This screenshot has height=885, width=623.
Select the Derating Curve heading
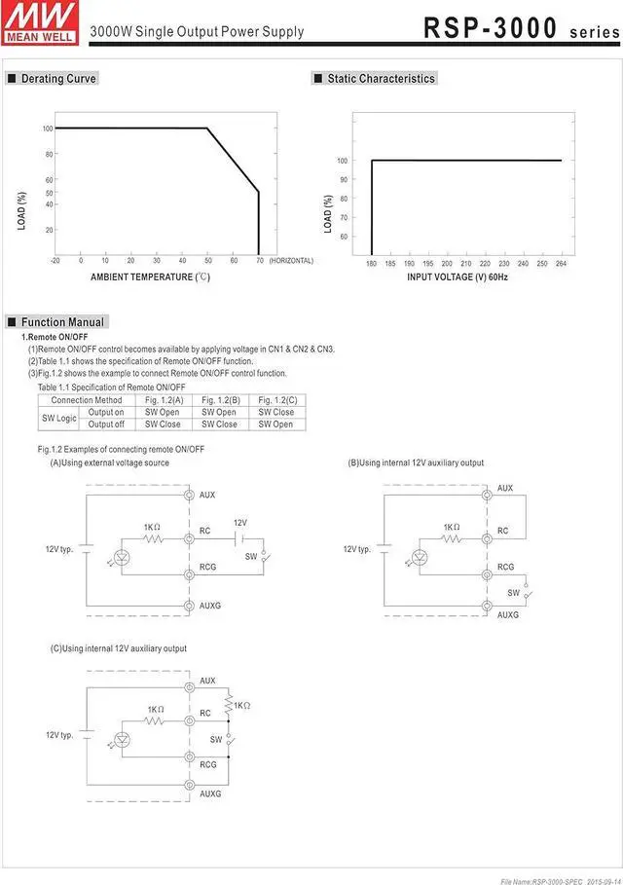tap(58, 79)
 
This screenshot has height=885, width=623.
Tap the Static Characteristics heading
tap(381, 79)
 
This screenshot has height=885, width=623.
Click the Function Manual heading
tap(62, 322)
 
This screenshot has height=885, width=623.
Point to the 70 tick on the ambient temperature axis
tap(259, 261)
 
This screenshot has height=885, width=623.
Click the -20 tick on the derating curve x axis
tap(55, 261)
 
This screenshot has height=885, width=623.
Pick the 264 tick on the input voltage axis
tap(561, 264)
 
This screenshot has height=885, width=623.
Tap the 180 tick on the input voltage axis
tap(371, 264)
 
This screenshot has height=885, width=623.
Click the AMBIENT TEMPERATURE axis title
tap(150, 277)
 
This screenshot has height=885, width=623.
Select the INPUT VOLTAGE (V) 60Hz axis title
tap(458, 277)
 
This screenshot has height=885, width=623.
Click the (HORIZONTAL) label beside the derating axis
tap(291, 261)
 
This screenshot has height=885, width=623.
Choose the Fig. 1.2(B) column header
tap(220, 400)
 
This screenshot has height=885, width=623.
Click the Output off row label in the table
tap(106, 424)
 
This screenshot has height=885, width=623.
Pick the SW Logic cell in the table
tap(58, 419)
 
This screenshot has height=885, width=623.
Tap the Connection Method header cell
tap(87, 400)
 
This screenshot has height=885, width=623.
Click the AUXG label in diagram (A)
tap(209, 606)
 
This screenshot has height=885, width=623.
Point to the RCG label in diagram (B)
tap(505, 567)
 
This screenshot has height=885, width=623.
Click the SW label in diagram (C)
tap(216, 740)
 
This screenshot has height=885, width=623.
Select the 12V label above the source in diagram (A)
tap(240, 523)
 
